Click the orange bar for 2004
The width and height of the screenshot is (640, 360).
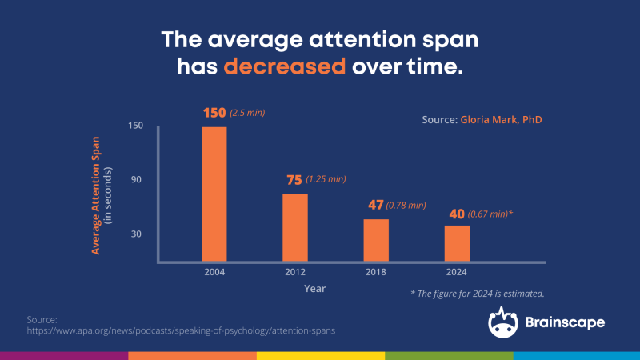214,194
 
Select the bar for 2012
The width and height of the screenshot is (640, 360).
295,228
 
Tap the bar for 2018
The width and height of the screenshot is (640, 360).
376,241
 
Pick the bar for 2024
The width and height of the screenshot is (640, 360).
457,243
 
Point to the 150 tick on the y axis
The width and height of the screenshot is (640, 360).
135,126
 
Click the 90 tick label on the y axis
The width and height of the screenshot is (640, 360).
136,179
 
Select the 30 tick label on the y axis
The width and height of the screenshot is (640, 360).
136,234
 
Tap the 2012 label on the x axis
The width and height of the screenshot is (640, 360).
295,272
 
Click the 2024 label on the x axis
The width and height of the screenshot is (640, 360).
456,272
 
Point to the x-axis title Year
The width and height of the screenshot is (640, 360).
314,289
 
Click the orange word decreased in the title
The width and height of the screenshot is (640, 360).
285,66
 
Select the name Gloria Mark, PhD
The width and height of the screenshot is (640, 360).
502,119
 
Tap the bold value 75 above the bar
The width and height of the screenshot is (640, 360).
294,180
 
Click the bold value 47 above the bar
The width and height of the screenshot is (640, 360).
375,205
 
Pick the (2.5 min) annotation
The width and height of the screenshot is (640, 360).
247,113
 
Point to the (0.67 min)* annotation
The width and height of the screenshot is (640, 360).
490,214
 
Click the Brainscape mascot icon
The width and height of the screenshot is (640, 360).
503,323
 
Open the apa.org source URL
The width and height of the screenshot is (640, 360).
181,330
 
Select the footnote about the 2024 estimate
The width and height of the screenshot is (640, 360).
477,294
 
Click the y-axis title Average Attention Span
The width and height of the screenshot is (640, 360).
95,195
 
